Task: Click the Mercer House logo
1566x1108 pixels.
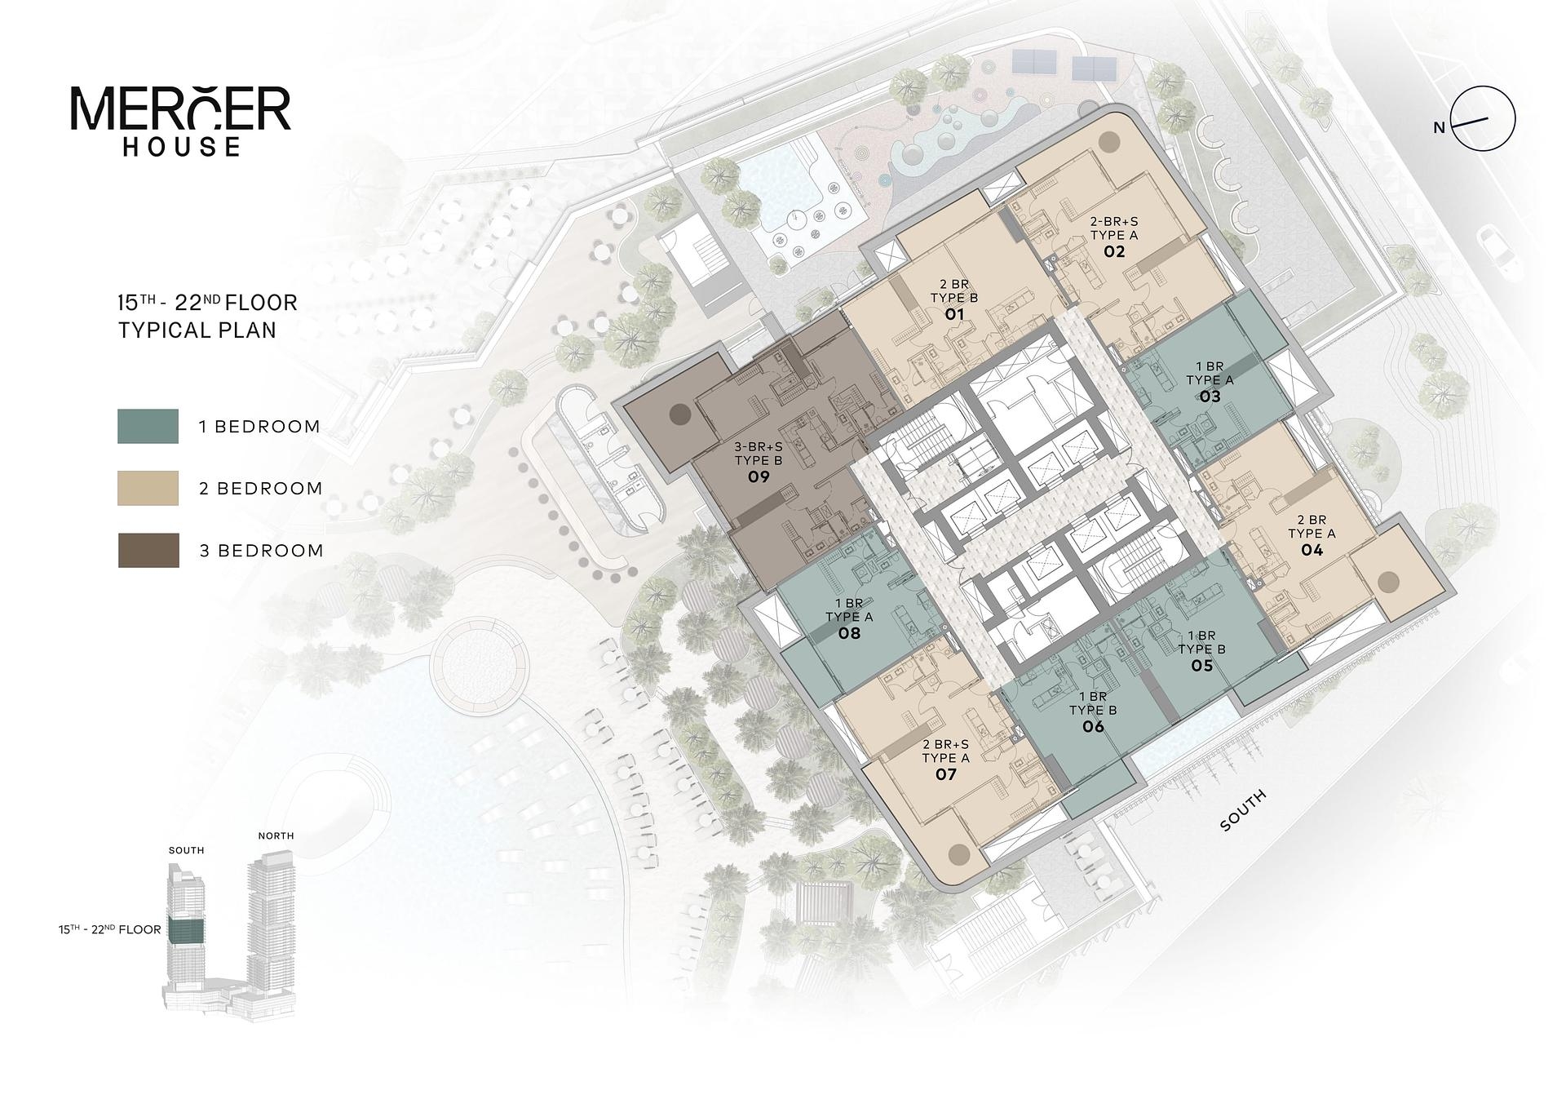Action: tap(180, 121)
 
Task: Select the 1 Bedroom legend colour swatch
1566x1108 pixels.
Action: tap(148, 426)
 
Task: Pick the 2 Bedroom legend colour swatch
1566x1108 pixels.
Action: tap(148, 488)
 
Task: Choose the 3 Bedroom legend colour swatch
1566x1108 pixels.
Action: tap(148, 550)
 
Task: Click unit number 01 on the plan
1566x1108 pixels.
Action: tap(954, 314)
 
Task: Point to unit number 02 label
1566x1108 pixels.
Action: tap(1114, 251)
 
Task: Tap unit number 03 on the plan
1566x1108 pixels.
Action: tap(1210, 397)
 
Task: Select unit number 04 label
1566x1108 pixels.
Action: tap(1312, 550)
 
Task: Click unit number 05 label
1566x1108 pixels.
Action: tap(1202, 665)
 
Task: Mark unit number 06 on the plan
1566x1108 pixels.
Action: tap(1093, 726)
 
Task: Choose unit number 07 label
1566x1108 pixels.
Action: tap(945, 773)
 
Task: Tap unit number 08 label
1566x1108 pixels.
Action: tap(849, 632)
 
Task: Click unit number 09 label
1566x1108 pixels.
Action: tap(759, 476)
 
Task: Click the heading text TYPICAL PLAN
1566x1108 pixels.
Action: tap(197, 330)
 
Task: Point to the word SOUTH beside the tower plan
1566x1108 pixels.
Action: tap(1244, 810)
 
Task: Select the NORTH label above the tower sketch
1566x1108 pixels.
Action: tap(276, 835)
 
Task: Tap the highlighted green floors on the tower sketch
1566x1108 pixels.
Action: tap(185, 929)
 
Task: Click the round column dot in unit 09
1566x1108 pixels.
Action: tap(679, 414)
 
